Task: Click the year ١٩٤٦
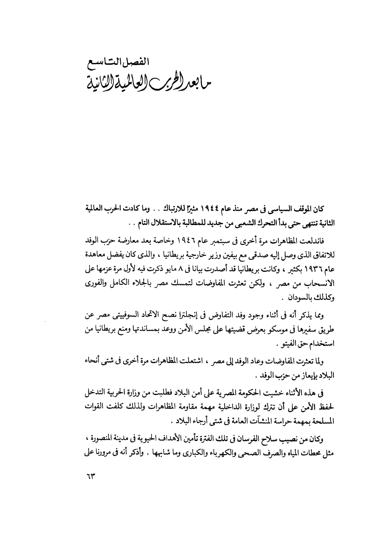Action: click(x=184, y=241)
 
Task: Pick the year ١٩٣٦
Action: click(x=315, y=270)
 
